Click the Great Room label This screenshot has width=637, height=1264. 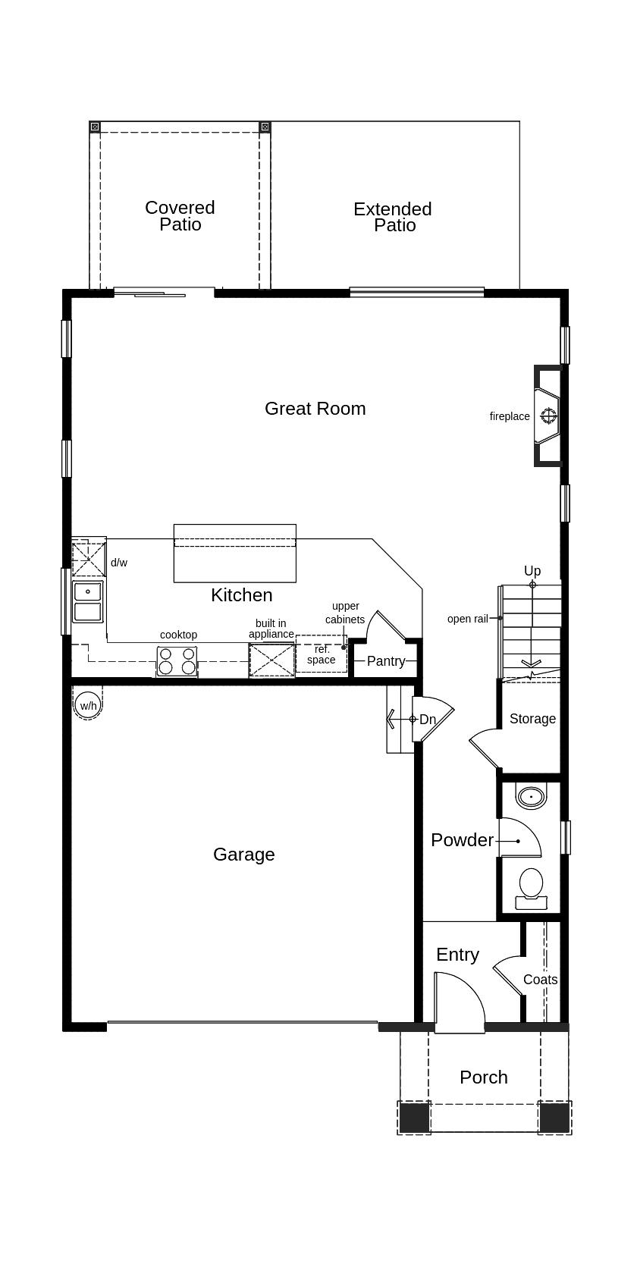315,409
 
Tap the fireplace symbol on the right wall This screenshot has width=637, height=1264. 548,416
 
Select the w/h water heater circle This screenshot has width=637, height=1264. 88,706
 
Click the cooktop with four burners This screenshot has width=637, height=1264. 177,661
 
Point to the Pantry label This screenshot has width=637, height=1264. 385,661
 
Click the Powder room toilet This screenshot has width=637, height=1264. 531,887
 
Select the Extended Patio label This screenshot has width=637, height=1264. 393,217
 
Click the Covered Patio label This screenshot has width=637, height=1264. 180,215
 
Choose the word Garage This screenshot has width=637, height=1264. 243,855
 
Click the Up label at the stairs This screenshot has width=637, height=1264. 532,571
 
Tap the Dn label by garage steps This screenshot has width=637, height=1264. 428,720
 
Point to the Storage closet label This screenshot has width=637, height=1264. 532,719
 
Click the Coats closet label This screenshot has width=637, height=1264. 540,980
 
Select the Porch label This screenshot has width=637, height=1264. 483,1077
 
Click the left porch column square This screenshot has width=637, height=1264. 414,1117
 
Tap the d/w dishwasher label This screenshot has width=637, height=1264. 119,563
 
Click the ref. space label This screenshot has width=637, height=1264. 322,654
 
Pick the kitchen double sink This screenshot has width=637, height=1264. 88,601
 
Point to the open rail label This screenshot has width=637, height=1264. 467,619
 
